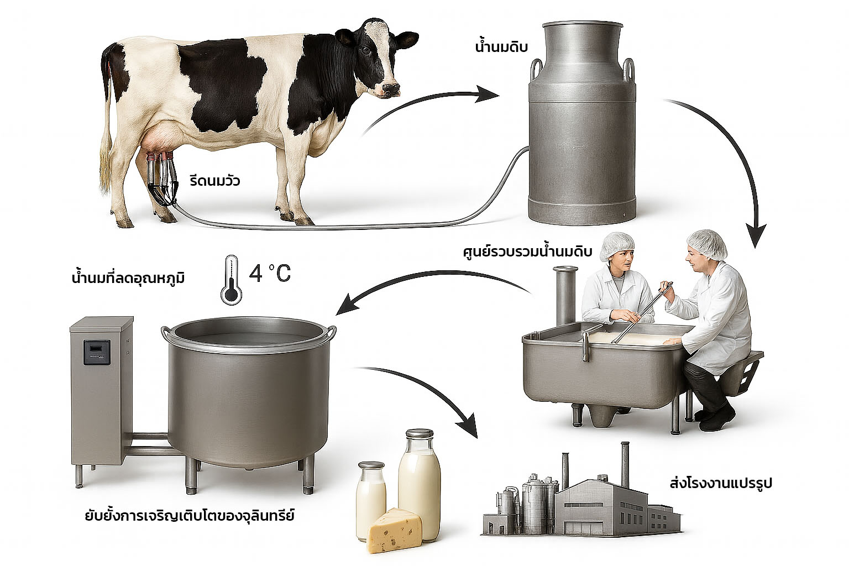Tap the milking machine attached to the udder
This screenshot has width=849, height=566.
coord(161,180)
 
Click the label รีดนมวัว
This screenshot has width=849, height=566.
coord(214,181)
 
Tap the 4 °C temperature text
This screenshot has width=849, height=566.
coord(269,274)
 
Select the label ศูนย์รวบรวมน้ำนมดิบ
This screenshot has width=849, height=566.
coord(527,253)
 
